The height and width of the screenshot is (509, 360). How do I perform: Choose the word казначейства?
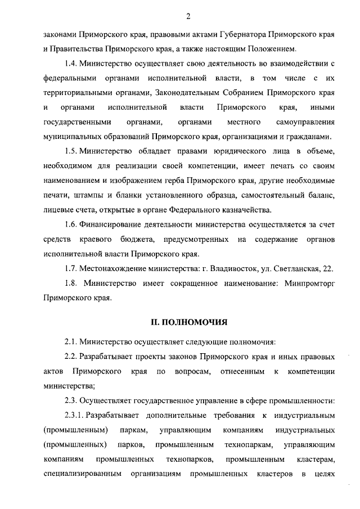coord(243,210)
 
